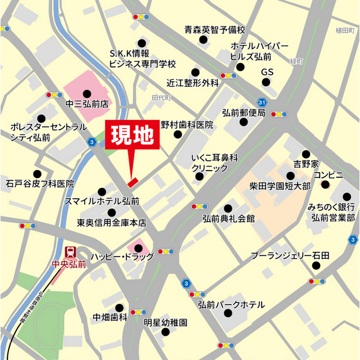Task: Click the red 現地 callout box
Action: pyautogui.click(x=132, y=136)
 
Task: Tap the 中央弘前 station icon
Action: pyautogui.click(x=71, y=252)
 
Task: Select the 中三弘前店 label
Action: pyautogui.click(x=87, y=104)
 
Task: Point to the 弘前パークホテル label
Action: pyautogui.click(x=231, y=304)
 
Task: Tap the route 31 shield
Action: pyautogui.click(x=262, y=102)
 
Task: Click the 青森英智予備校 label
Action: pyautogui.click(x=215, y=30)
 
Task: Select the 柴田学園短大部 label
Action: pyautogui.click(x=280, y=186)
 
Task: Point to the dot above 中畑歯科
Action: pyautogui.click(x=119, y=307)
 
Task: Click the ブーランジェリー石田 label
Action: pyautogui.click(x=290, y=256)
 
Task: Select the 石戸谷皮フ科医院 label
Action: pyautogui.click(x=40, y=183)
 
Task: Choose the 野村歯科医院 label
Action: pyautogui.click(x=187, y=125)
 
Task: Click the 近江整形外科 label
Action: pyautogui.click(x=192, y=83)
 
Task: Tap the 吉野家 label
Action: pyautogui.click(x=306, y=164)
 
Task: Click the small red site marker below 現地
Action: pyautogui.click(x=132, y=182)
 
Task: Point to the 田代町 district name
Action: pyautogui.click(x=161, y=97)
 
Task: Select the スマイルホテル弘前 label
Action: pyautogui.click(x=102, y=200)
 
